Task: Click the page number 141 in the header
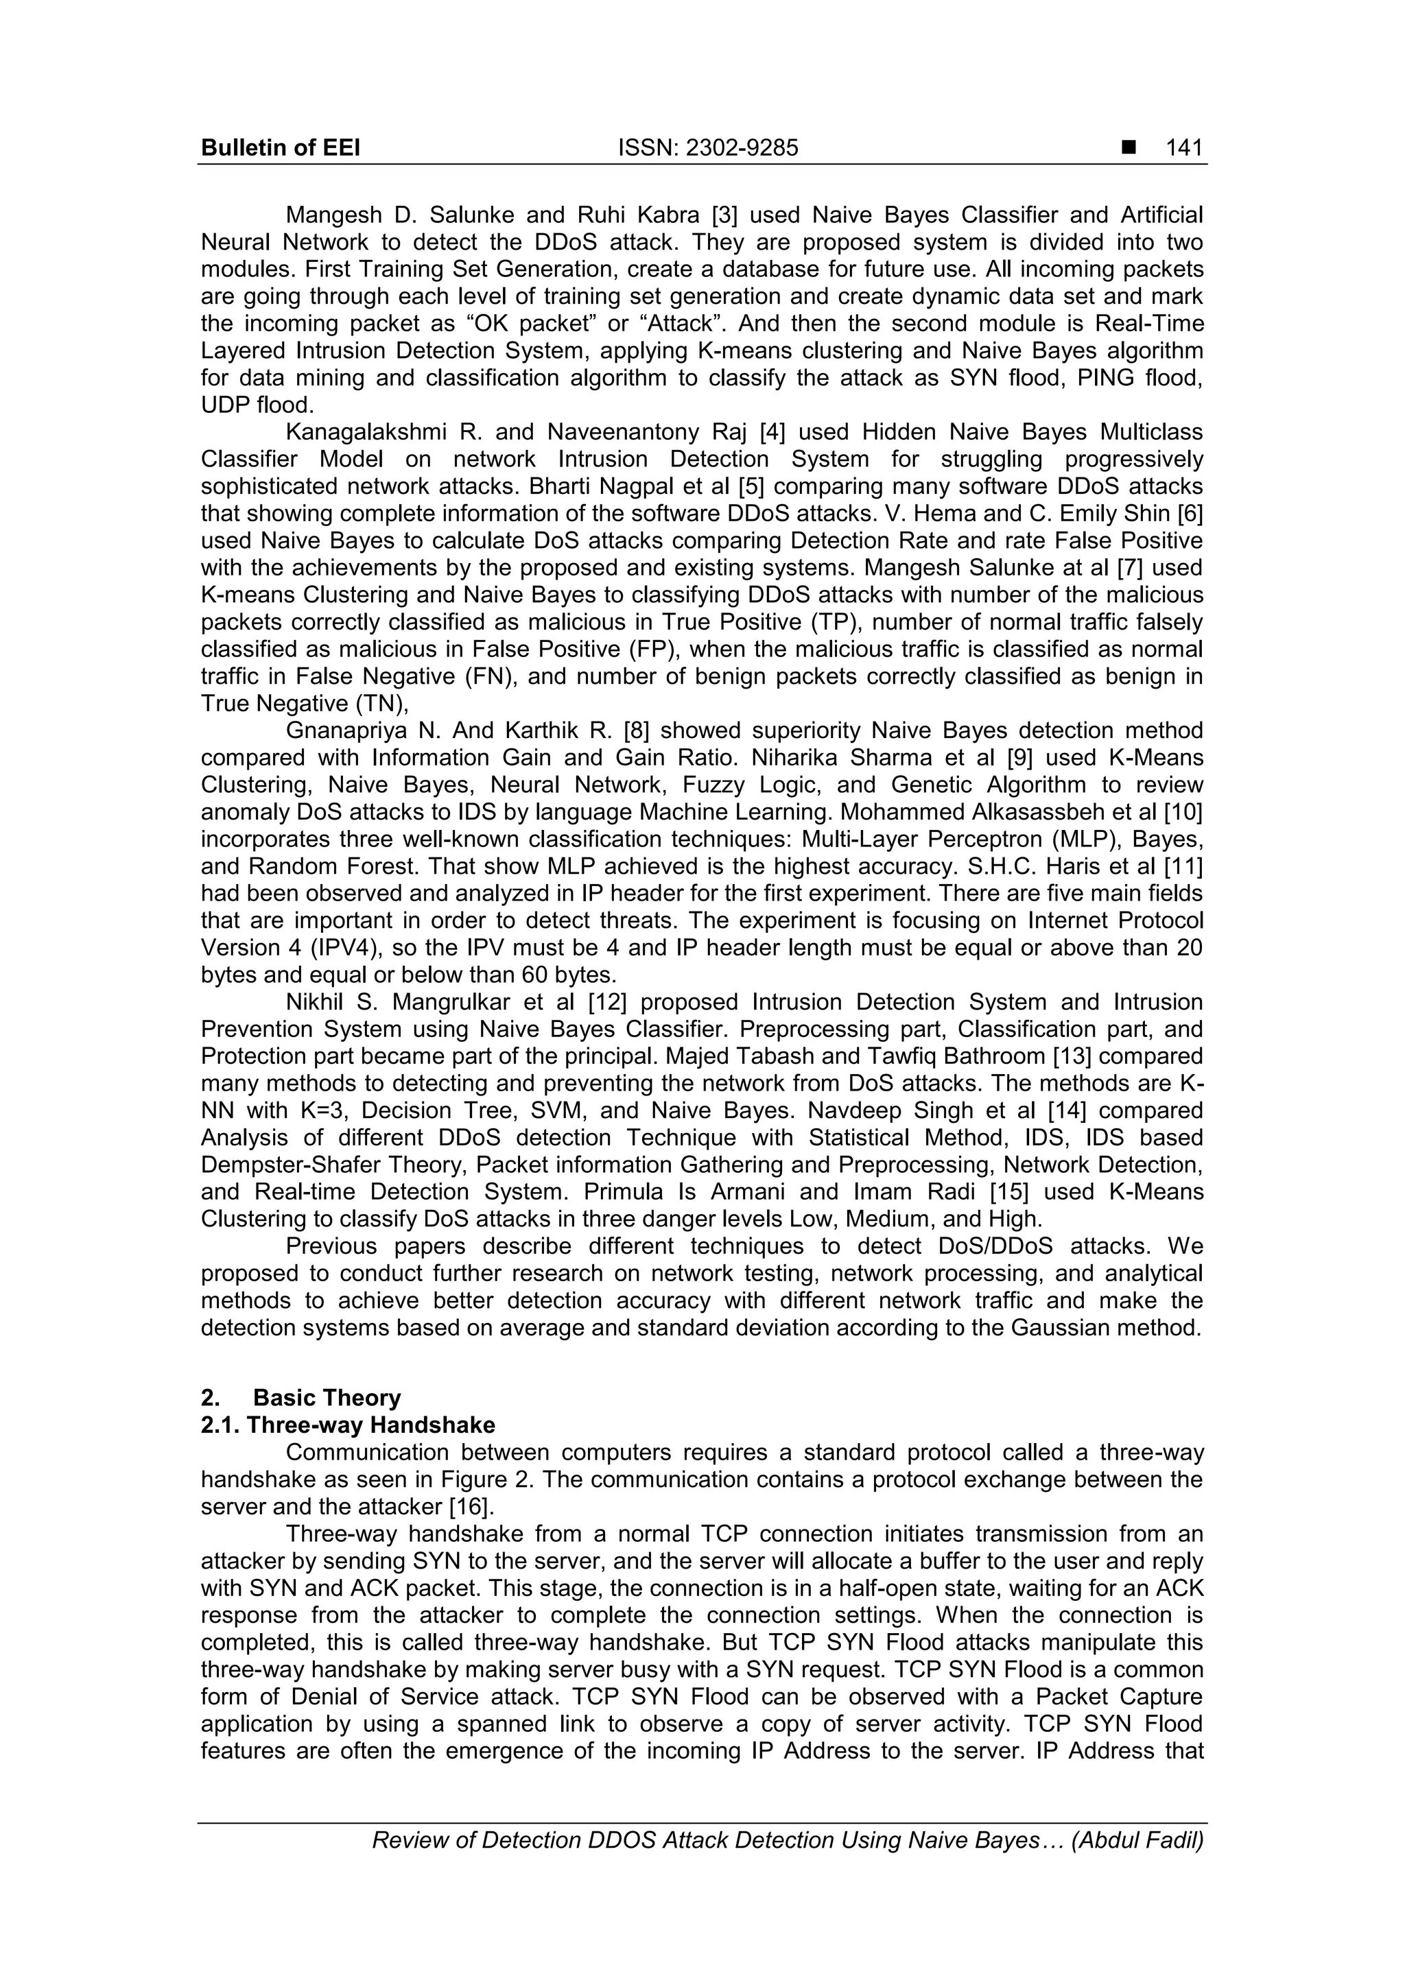click(x=1183, y=149)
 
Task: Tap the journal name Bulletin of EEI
click(x=281, y=149)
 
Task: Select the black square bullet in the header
click(x=1128, y=149)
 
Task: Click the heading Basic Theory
click(x=327, y=1398)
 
